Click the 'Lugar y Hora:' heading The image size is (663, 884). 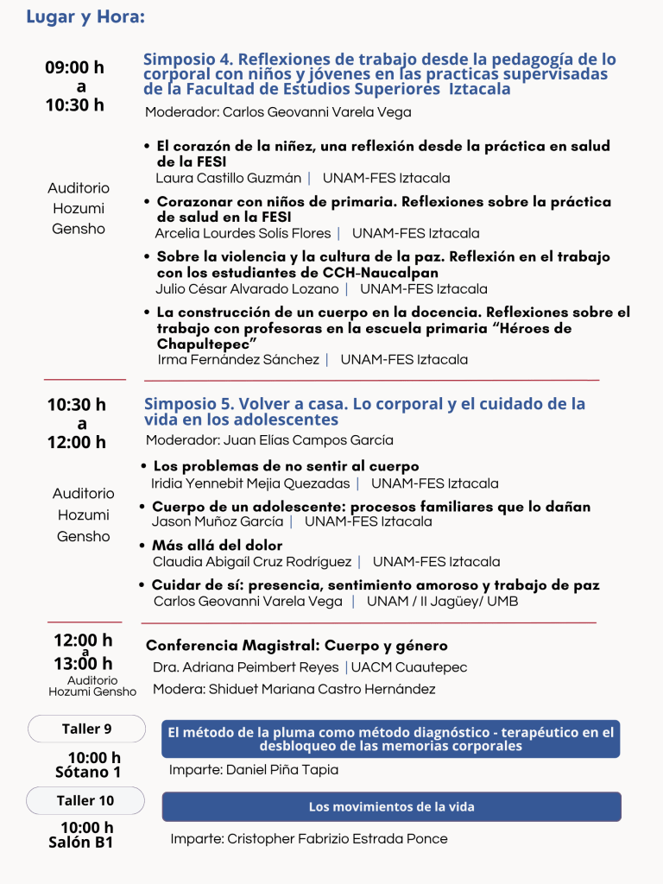tap(85, 17)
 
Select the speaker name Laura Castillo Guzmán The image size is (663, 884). tap(228, 179)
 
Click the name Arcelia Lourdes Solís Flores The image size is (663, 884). tap(243, 233)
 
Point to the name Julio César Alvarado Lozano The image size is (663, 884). tap(247, 288)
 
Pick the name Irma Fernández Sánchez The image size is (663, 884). tap(238, 359)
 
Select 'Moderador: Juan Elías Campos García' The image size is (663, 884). tap(269, 440)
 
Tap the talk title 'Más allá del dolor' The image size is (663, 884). tap(218, 546)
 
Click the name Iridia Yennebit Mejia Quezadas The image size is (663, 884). tap(250, 483)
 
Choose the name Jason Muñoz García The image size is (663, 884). tap(218, 521)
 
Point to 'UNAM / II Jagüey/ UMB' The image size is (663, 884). tap(442, 601)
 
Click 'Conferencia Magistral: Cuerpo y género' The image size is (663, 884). tap(297, 646)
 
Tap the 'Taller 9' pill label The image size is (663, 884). tap(86, 729)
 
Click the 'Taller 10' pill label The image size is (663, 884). tap(85, 800)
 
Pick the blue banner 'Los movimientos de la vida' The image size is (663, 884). tap(391, 807)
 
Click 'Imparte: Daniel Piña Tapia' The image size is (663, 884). tap(254, 769)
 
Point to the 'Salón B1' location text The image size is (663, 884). tap(81, 843)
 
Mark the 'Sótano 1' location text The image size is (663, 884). tap(88, 772)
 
